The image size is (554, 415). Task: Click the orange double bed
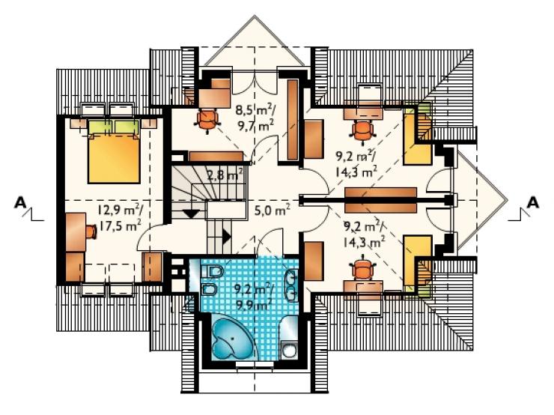coord(114,158)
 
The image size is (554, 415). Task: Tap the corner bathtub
coord(231,339)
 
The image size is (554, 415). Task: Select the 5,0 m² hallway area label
coord(273,210)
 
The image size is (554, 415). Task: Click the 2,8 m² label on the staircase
coord(225,175)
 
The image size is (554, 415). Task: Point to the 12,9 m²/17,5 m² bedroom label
coord(120,218)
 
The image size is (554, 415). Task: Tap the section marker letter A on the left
coord(20,203)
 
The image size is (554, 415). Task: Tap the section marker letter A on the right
coord(533,203)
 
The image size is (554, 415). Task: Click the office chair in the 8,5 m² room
coord(207,121)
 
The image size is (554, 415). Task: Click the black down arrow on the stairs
coord(192,213)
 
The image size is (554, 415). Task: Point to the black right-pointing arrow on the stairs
coord(227,235)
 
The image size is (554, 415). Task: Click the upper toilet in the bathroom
coord(213,272)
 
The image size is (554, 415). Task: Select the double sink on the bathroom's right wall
coord(291,285)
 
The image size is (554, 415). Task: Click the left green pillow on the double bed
coord(100,127)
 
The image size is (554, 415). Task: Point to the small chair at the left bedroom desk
coord(91,232)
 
